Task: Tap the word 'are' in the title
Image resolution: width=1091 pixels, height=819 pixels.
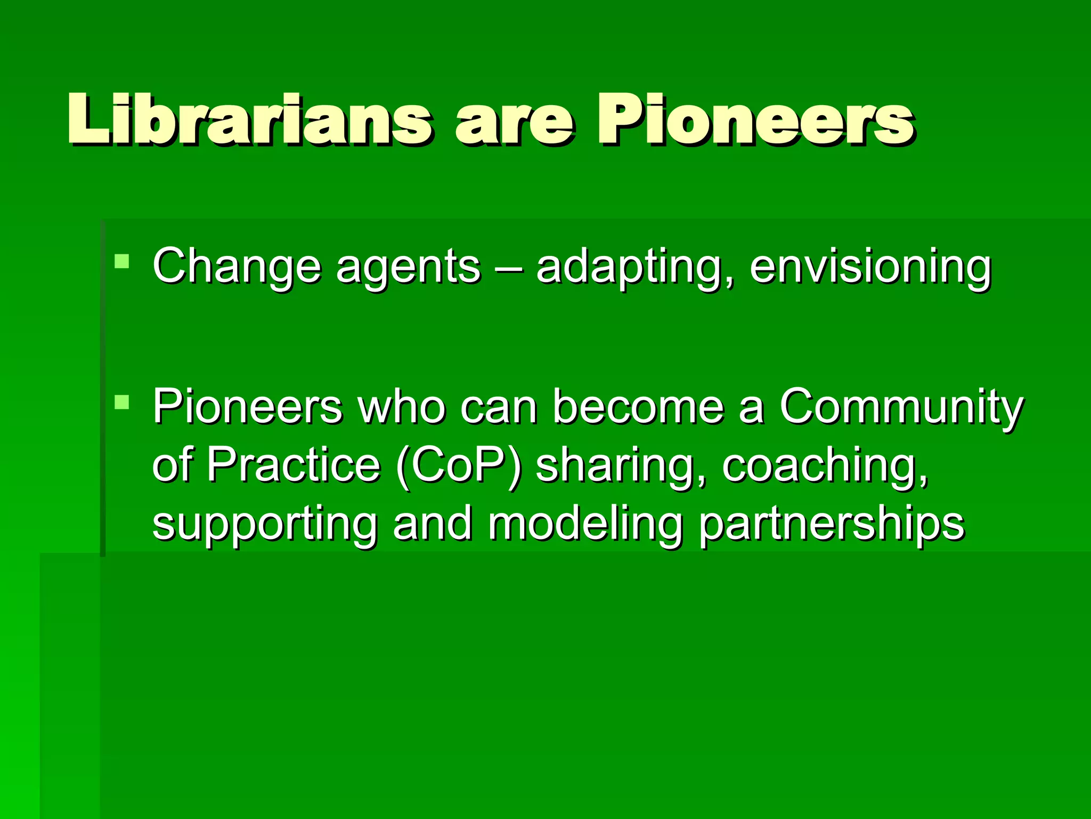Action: click(x=515, y=122)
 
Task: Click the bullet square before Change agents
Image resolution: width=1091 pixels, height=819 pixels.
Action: click(x=122, y=261)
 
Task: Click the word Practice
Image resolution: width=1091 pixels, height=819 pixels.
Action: click(x=294, y=464)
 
